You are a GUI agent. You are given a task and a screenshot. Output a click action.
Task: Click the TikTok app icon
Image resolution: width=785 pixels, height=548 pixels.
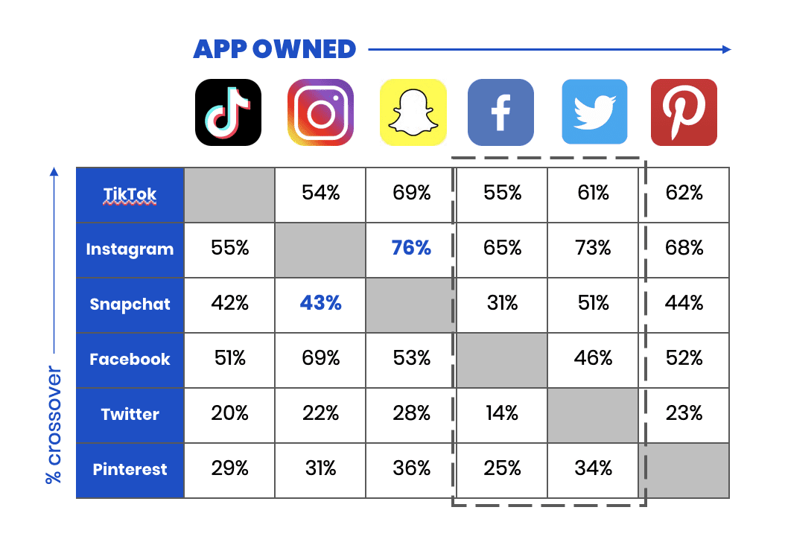tap(229, 112)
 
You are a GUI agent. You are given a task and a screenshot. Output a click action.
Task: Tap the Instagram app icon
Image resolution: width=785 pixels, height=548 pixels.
tap(320, 112)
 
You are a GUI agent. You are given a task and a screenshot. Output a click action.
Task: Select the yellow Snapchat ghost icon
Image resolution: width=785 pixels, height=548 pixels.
tap(413, 112)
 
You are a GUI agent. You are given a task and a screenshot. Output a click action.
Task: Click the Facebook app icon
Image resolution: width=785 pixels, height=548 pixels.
tap(500, 112)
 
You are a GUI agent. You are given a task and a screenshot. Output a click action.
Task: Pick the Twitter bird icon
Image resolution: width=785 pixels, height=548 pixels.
tap(595, 112)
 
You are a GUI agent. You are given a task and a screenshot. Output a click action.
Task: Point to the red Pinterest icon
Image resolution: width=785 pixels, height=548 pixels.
tap(684, 112)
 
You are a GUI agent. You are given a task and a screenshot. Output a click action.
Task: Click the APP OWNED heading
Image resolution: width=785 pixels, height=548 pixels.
tap(274, 49)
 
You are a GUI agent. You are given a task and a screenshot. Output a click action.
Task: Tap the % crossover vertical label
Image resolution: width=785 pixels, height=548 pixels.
tap(54, 425)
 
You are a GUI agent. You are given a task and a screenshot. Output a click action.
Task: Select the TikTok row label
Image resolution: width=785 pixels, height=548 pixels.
tap(130, 194)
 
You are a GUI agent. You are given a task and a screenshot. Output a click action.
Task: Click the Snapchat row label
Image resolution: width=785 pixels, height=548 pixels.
tap(130, 305)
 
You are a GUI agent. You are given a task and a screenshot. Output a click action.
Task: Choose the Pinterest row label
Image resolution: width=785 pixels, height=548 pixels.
tap(130, 469)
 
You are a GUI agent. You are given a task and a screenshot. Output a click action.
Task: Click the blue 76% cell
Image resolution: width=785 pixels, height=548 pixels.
tap(411, 248)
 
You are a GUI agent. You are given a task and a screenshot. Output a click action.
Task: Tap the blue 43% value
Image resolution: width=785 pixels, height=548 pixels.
tap(320, 303)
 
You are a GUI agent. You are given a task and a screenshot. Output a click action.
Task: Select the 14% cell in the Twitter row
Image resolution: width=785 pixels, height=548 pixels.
tap(502, 413)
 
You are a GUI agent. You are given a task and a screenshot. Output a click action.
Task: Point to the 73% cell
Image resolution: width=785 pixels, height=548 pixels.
tap(594, 248)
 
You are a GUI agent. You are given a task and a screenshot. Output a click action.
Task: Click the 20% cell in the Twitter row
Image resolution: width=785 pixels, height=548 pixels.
tap(230, 413)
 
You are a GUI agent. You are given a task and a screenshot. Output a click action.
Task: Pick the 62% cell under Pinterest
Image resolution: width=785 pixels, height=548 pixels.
tap(684, 193)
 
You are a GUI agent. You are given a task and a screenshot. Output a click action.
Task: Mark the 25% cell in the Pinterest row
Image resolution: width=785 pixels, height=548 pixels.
tap(502, 468)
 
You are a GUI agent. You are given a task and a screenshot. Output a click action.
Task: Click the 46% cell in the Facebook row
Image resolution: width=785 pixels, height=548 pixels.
tap(594, 358)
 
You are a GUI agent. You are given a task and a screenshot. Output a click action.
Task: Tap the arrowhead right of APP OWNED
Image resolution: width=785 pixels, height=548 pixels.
tap(727, 49)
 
